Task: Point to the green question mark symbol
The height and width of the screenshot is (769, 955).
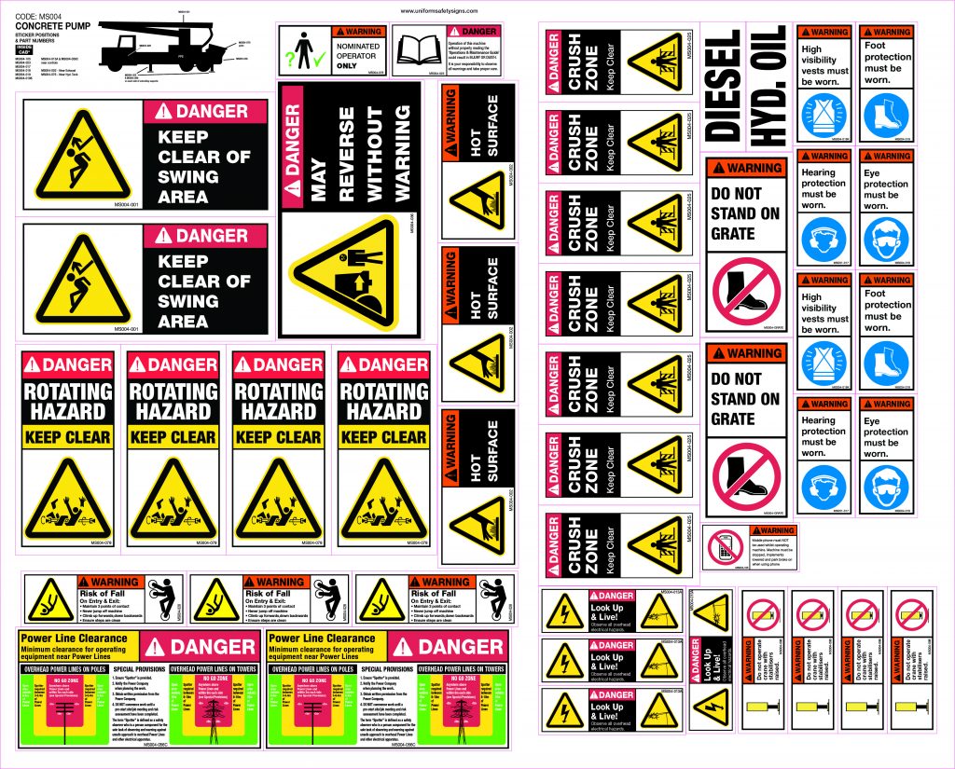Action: click(x=290, y=58)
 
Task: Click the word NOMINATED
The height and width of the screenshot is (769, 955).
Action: click(x=358, y=44)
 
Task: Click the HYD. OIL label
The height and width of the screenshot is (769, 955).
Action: click(x=770, y=83)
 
